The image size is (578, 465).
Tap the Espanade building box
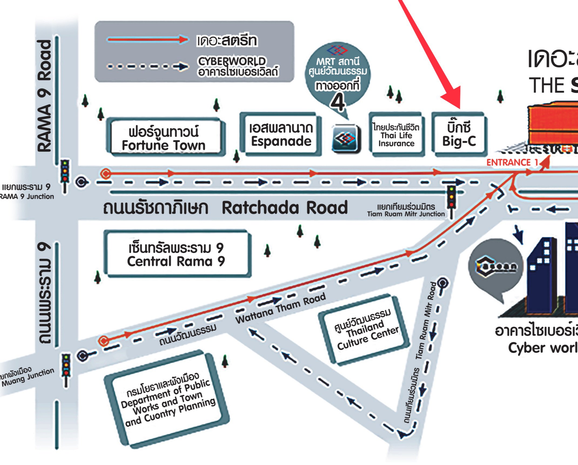[x=281, y=135]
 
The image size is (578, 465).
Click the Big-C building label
[x=459, y=135]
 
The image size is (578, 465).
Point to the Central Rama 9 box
[x=176, y=254]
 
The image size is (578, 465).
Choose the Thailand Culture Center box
[x=365, y=330]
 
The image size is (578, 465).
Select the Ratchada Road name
[x=284, y=208]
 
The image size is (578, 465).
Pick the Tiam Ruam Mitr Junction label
[x=406, y=210]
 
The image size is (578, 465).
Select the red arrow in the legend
[x=147, y=40]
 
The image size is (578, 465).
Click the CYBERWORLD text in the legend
[x=232, y=61]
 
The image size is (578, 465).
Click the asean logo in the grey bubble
[x=496, y=266]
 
